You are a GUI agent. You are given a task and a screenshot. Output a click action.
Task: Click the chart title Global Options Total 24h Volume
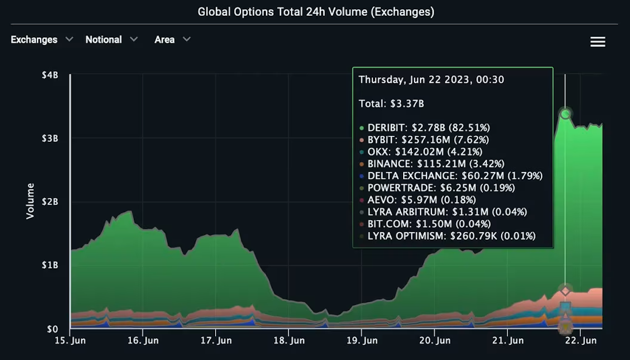(x=315, y=12)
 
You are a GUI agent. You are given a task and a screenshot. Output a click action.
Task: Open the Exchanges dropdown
(x=41, y=39)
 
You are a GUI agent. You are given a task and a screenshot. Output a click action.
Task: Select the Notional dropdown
(x=111, y=39)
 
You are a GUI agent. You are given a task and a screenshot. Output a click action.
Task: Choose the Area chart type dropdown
(x=172, y=39)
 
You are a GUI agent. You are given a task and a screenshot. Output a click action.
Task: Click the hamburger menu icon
(x=598, y=42)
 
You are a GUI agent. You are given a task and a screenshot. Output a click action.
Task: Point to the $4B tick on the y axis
(x=50, y=75)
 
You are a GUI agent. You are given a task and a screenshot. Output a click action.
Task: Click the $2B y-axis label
(x=50, y=202)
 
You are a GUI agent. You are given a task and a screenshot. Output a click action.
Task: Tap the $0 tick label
(x=52, y=329)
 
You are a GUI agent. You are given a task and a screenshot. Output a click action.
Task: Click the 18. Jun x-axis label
(x=288, y=340)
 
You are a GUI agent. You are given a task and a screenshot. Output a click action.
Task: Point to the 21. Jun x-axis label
(x=508, y=340)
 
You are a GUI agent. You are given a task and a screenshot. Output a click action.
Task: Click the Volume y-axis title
(x=31, y=201)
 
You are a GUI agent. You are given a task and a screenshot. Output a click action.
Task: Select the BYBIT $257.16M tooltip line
(x=428, y=140)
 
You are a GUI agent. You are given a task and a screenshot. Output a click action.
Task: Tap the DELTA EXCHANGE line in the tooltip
(x=454, y=176)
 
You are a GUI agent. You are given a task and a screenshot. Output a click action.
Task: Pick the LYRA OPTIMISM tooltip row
(x=451, y=236)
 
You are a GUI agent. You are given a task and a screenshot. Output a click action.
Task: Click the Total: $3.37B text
(x=391, y=103)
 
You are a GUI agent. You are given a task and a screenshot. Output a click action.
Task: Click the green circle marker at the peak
(x=566, y=114)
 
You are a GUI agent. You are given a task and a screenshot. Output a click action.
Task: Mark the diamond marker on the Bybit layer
(x=566, y=291)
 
